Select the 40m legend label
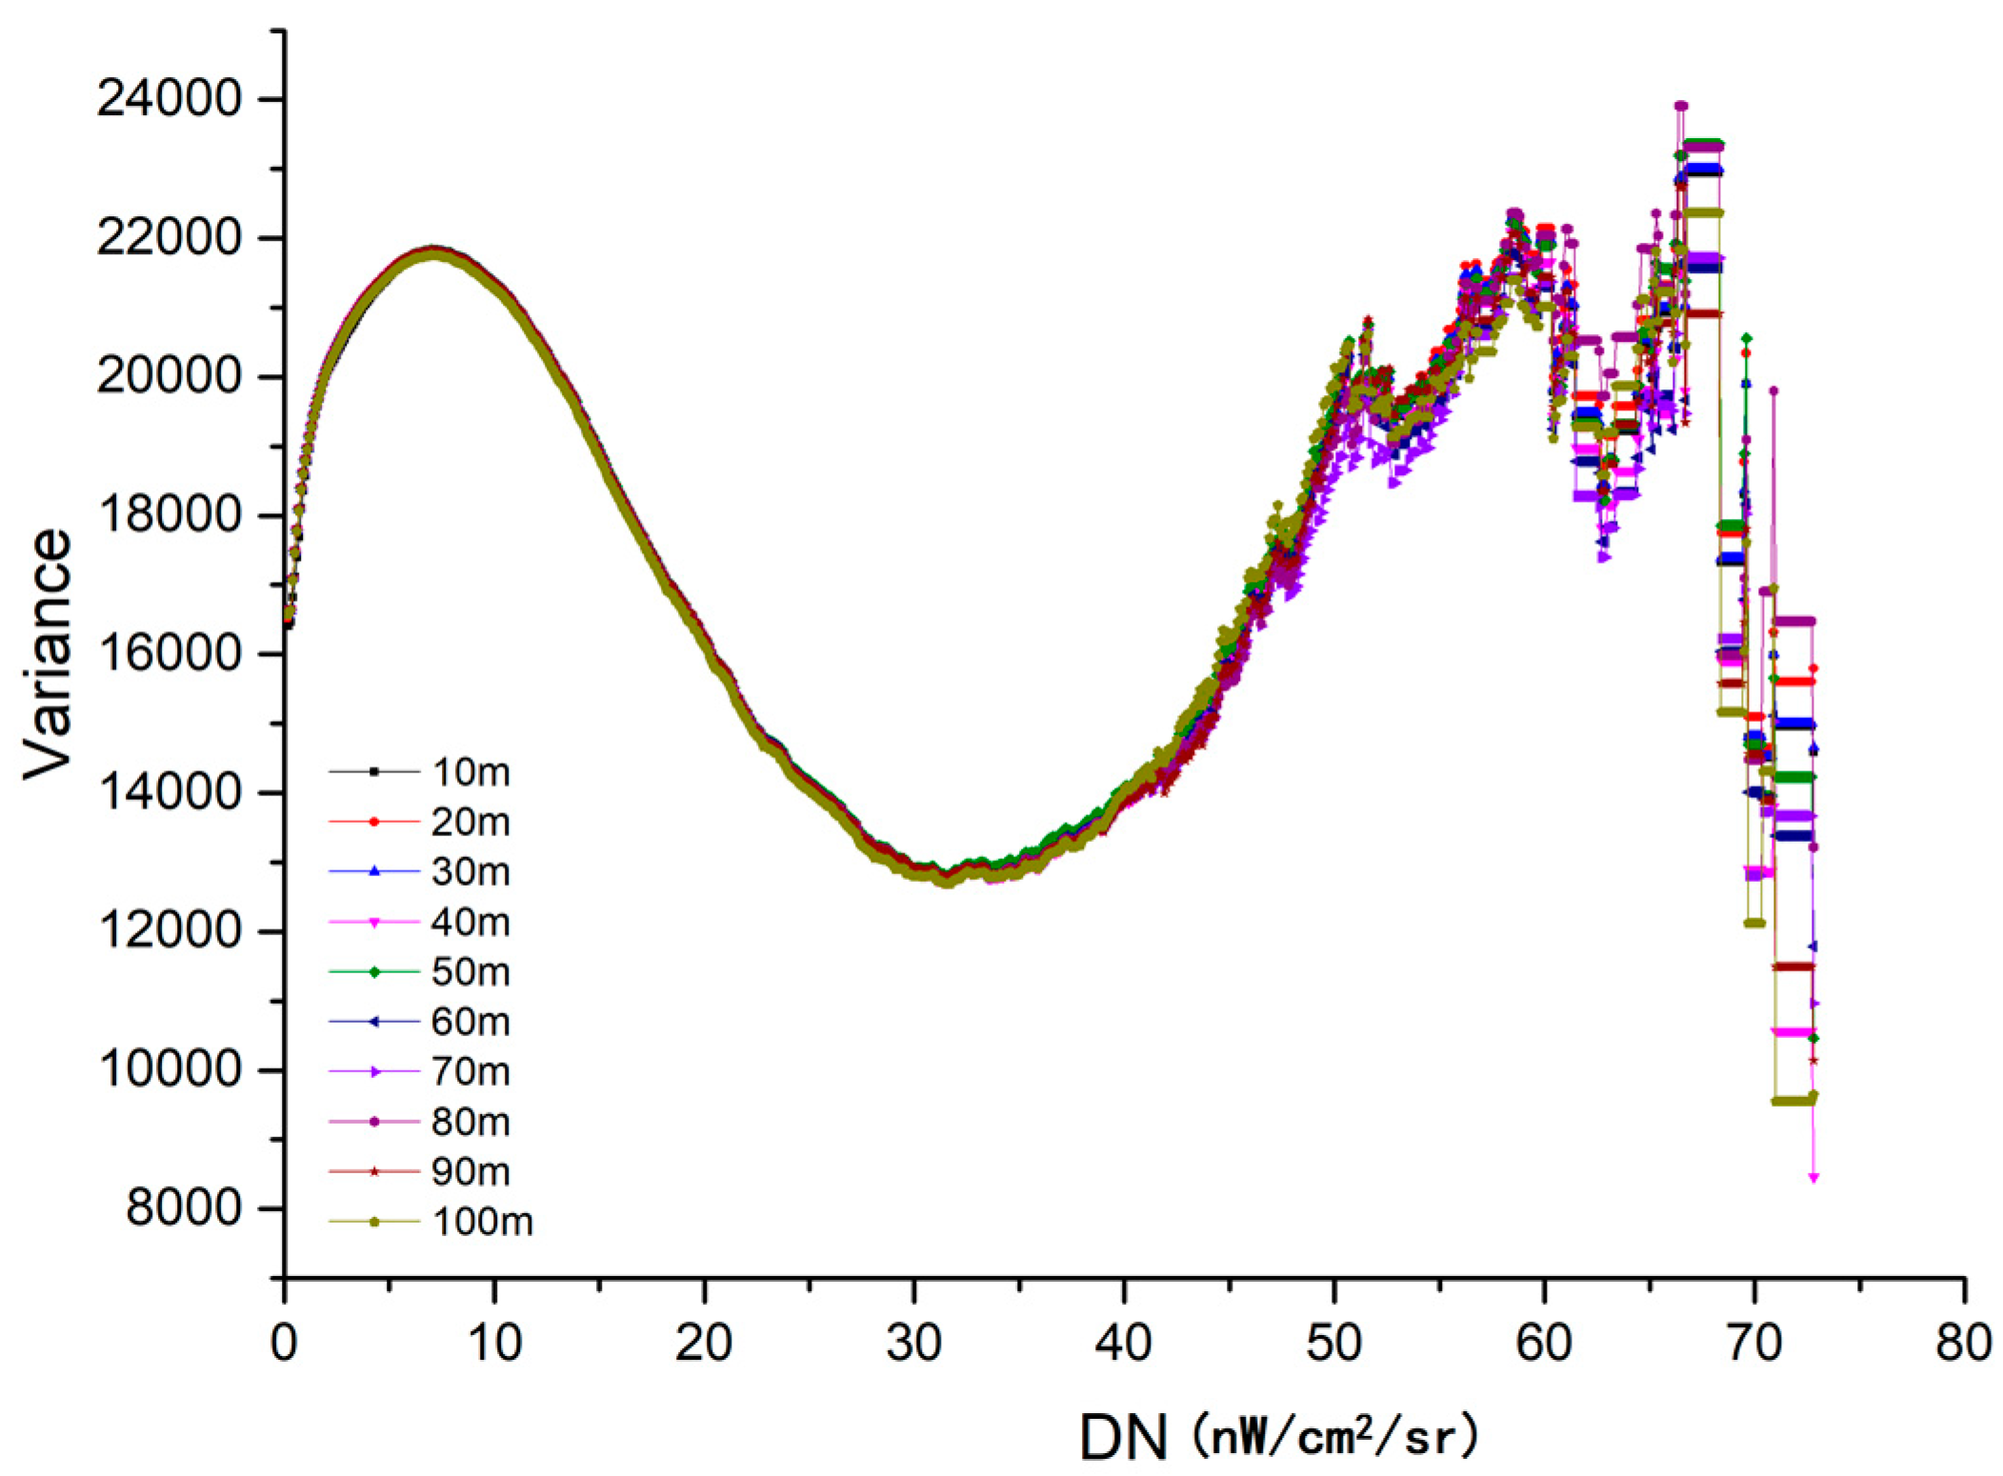(471, 922)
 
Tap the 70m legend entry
(471, 1071)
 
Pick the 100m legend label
(482, 1221)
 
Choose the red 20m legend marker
(374, 821)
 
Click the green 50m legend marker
(374, 971)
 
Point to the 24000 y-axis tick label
(169, 99)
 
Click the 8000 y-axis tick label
(183, 1208)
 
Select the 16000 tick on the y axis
(169, 654)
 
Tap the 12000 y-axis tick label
(169, 931)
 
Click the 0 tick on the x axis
(284, 1343)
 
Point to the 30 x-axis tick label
(913, 1343)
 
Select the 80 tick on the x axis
(1964, 1343)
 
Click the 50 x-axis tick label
(1333, 1343)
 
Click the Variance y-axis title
(48, 654)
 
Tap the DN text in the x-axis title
(1123, 1437)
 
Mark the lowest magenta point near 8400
(1813, 1178)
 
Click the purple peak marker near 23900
(1681, 106)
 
